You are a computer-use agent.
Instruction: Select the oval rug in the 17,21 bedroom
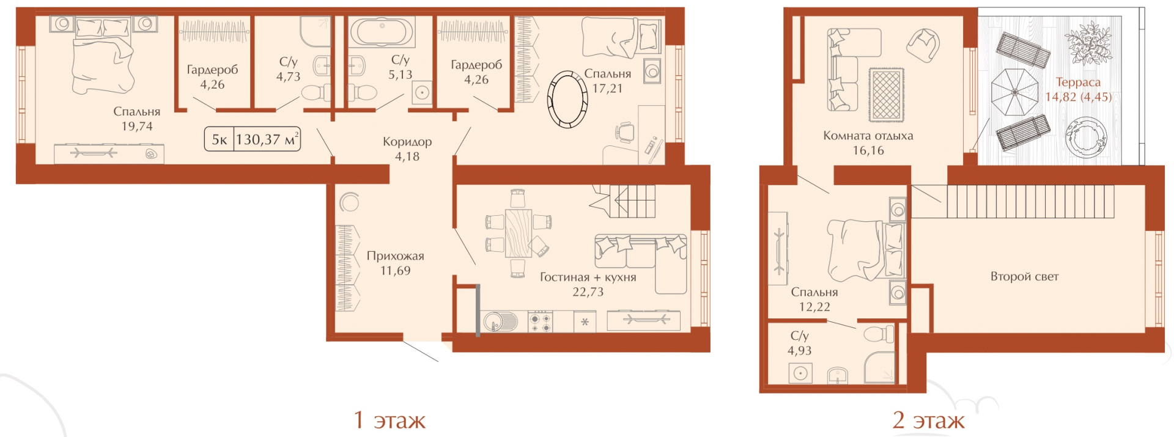pyautogui.click(x=567, y=99)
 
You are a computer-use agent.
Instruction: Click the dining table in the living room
pyautogui.click(x=519, y=233)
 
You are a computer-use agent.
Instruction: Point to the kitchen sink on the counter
pyautogui.click(x=499, y=321)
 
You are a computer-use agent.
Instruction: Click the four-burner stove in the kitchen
pyautogui.click(x=540, y=321)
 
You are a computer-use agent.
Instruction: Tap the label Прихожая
pyautogui.click(x=395, y=256)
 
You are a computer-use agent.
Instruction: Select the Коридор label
pyautogui.click(x=407, y=142)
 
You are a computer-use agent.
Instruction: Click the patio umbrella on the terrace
pyautogui.click(x=1014, y=92)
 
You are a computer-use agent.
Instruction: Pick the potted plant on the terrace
pyautogui.click(x=1088, y=43)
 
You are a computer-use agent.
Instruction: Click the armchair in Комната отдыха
pyautogui.click(x=923, y=46)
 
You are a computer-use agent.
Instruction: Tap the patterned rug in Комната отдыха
pyautogui.click(x=886, y=94)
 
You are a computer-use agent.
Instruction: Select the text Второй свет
pyautogui.click(x=1024, y=276)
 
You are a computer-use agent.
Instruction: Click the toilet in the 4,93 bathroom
pyautogui.click(x=879, y=334)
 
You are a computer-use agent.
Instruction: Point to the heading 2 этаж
pyautogui.click(x=928, y=420)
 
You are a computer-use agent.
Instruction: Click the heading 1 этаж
pyautogui.click(x=389, y=420)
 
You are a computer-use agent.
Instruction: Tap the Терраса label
pyautogui.click(x=1078, y=82)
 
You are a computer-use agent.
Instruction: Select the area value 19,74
pyautogui.click(x=137, y=127)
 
